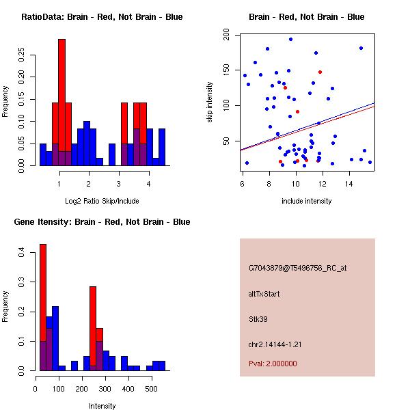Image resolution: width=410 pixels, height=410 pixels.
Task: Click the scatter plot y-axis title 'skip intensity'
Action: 210,102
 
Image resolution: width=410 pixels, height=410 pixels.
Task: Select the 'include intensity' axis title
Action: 306,202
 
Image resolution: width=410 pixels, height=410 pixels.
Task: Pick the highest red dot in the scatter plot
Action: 320,72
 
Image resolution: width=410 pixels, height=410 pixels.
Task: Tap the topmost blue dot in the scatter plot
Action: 290,39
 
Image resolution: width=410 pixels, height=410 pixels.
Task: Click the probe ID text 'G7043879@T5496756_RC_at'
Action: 297,268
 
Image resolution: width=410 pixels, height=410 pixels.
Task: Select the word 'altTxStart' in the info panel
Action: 264,294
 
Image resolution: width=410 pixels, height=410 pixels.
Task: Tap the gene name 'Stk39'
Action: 258,318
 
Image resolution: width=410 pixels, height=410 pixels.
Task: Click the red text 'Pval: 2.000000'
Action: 273,364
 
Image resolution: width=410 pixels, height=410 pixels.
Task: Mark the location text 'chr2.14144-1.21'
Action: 275,343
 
